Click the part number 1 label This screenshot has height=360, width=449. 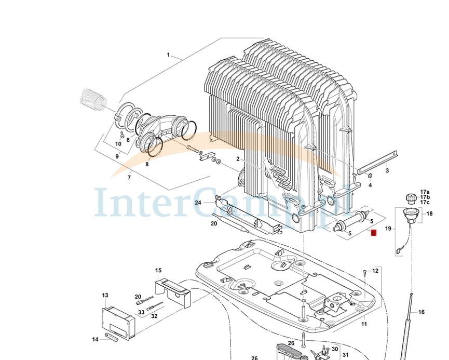coord(168,55)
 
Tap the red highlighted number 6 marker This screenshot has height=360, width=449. coord(373,234)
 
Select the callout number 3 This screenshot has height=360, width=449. coord(387,170)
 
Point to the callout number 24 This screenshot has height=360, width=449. coord(198,202)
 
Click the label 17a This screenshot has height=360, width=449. coord(425,192)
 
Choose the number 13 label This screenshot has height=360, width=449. coord(105,295)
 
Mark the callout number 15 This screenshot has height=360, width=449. coord(158,270)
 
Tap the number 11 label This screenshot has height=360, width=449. coord(364,324)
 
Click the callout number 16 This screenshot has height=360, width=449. coord(421,312)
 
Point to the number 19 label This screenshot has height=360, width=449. coord(388,229)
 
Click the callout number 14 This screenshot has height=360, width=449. coord(95,339)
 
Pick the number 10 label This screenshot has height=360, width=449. coord(118,143)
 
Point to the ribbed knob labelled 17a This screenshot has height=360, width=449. coord(410,198)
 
